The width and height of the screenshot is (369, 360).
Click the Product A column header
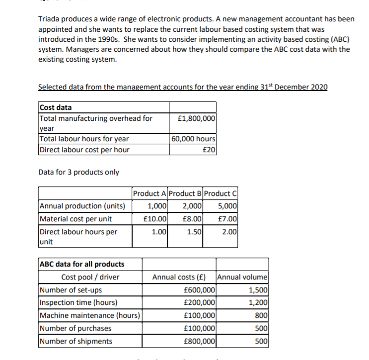pos(149,193)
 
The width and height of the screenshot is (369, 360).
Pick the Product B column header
pos(185,193)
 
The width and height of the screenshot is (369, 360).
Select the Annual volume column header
pos(242,277)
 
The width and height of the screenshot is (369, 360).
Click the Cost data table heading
pos(55,107)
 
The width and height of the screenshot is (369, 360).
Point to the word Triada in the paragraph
pos(49,19)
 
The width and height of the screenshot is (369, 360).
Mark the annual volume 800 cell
pos(262,315)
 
